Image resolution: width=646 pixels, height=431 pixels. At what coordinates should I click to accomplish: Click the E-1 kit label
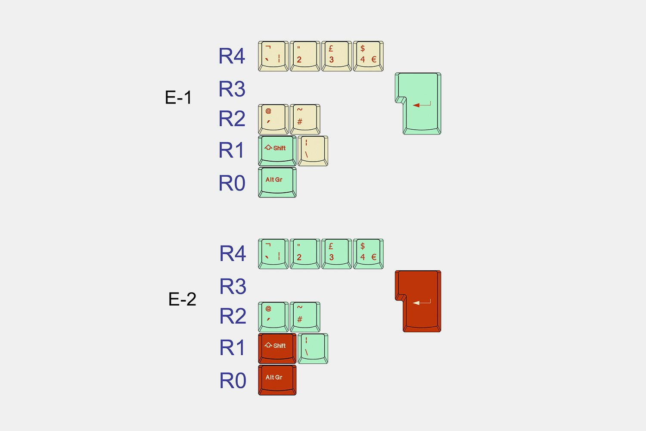coord(178,98)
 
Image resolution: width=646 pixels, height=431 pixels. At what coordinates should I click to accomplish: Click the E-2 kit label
coord(182,299)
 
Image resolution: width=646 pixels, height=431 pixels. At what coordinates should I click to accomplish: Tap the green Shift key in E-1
coord(277,150)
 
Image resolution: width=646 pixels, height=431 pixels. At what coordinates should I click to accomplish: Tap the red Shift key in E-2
coord(277,348)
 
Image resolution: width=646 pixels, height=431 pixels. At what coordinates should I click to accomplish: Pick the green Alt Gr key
coord(277,182)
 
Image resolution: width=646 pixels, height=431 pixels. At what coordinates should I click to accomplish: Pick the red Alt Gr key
coord(277,380)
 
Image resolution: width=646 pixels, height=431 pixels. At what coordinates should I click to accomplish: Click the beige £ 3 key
coord(336,56)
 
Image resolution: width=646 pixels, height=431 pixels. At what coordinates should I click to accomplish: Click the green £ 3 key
coord(336,254)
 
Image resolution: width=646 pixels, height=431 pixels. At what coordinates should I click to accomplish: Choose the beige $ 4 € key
coord(368,56)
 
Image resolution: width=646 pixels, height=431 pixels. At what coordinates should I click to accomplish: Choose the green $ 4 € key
coord(368,254)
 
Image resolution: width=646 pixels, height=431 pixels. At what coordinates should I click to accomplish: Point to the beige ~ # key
coord(305,119)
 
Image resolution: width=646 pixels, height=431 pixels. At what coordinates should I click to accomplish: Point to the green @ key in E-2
coord(273,317)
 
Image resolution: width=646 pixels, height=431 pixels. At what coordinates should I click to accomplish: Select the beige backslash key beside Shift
coord(313,150)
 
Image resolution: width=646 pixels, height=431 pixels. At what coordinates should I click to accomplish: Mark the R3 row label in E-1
coord(232,89)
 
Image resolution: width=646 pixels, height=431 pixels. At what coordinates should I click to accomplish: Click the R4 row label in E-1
coord(232,56)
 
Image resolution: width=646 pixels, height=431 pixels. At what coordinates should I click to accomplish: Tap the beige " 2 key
coord(305,56)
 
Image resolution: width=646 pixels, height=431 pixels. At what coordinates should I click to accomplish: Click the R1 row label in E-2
coord(233,348)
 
